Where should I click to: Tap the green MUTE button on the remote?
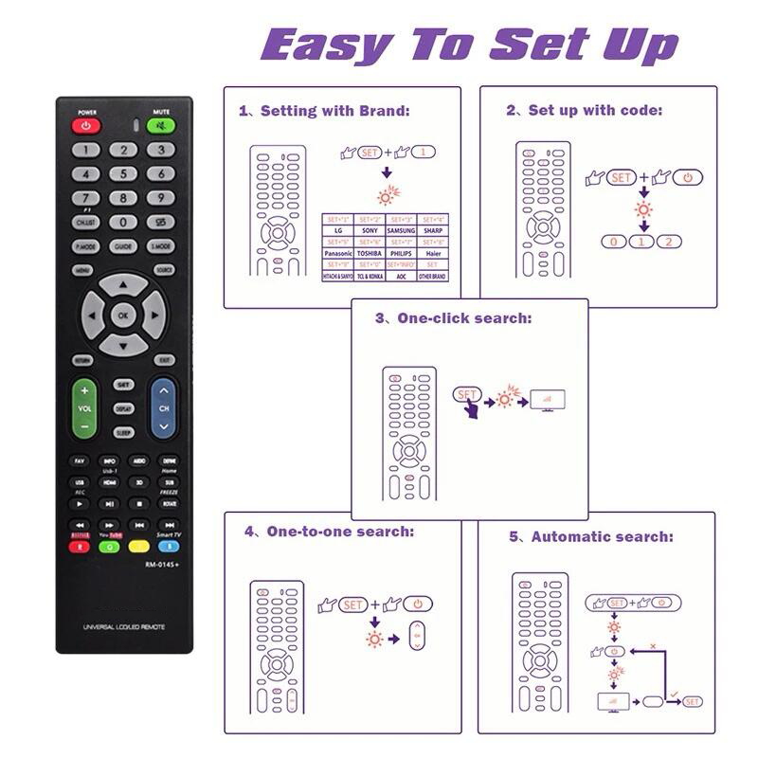point(161,125)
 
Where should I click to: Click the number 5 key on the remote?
point(123,173)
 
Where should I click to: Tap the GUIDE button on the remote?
point(123,246)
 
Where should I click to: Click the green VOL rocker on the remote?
point(84,407)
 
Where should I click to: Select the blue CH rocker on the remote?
point(164,407)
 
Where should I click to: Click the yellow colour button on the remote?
point(138,546)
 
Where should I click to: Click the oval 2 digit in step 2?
point(670,242)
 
